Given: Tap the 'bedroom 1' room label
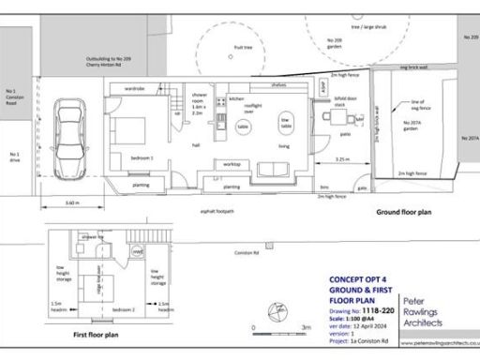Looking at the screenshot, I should [x=128, y=158].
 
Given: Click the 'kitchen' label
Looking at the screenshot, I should [x=236, y=98].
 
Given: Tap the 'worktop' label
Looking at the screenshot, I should [x=232, y=164].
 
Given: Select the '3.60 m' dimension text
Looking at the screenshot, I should [x=71, y=203].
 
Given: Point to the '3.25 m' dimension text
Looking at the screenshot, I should [x=343, y=161].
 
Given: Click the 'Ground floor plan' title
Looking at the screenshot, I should [x=402, y=213].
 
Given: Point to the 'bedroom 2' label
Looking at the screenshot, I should [x=125, y=307].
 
